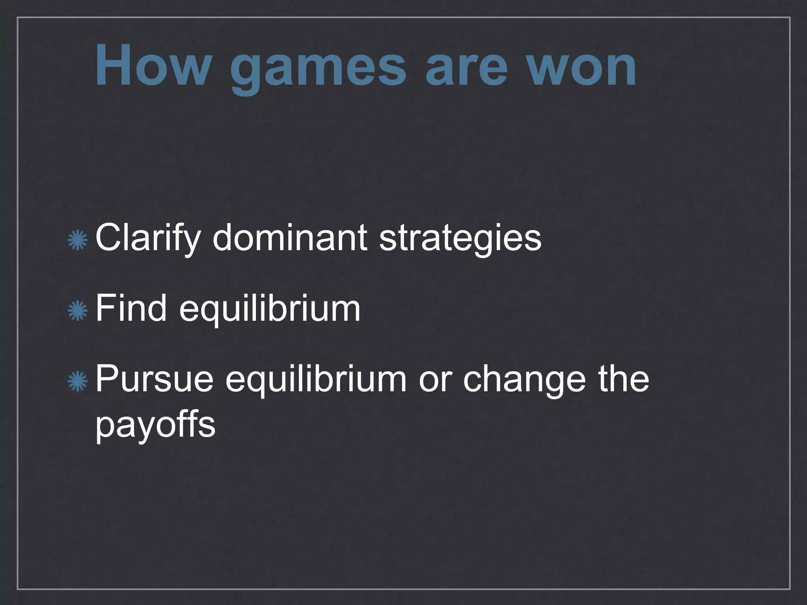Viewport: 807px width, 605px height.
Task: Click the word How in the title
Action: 151,65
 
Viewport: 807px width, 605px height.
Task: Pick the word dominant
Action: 290,238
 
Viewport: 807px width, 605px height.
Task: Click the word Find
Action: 131,308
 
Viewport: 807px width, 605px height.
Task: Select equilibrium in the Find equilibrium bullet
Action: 270,310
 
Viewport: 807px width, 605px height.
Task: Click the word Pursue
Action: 154,379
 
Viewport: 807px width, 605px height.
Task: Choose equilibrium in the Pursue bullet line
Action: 316,380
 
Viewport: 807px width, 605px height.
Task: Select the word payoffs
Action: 155,426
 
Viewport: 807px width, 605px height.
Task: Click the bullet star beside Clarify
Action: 78,241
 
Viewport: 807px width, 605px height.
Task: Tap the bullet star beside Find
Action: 78,310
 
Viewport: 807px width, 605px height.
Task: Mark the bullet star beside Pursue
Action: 78,381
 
